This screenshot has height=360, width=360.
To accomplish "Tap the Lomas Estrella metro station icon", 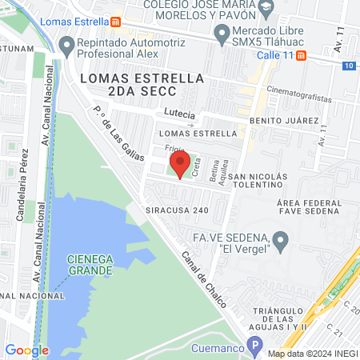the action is pos(116,22).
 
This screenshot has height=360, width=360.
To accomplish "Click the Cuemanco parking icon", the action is pos(254,347).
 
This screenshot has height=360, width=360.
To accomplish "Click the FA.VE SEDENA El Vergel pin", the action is pos(280,240).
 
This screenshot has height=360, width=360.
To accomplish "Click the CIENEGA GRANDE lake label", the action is pos(89,265).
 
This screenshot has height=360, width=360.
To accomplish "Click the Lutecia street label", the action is pos(179,114).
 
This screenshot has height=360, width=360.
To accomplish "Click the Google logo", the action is pos(26,350).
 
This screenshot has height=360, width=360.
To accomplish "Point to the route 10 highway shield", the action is pos(352,66).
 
